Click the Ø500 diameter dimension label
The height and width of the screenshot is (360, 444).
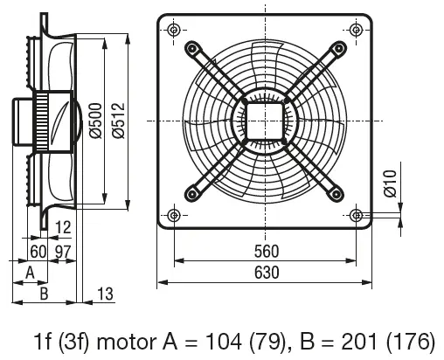(x=95, y=121)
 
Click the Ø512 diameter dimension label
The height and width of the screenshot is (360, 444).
(x=118, y=121)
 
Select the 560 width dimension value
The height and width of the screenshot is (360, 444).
(x=267, y=252)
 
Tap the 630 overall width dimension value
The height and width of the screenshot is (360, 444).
(x=267, y=273)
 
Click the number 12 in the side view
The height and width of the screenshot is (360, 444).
(x=63, y=227)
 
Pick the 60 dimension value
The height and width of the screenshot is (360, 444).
(x=38, y=252)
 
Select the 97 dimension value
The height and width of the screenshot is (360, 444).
(x=63, y=252)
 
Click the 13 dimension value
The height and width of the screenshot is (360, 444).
(x=105, y=294)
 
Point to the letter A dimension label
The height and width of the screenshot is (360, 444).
(x=31, y=273)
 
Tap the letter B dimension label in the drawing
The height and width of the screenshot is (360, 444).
(x=44, y=294)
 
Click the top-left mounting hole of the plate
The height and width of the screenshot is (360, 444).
(x=174, y=30)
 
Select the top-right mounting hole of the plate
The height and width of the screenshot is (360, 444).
(x=356, y=30)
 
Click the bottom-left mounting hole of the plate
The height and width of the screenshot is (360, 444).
(x=174, y=216)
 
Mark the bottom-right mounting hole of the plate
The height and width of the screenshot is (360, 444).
(x=357, y=216)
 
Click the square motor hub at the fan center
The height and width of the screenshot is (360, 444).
(x=265, y=121)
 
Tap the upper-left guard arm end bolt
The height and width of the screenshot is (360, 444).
(x=191, y=48)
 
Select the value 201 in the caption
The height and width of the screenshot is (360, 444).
(x=360, y=342)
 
